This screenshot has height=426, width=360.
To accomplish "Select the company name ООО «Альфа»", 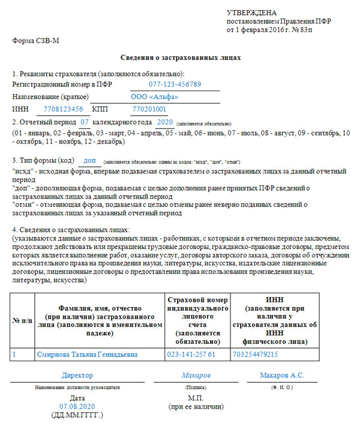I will (x=154, y=97).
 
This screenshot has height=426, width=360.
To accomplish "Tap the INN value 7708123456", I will (x=63, y=109).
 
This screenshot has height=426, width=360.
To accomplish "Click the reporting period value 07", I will (x=85, y=122).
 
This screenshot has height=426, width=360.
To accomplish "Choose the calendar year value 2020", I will (x=164, y=122).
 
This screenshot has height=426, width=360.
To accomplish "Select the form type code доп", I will (x=89, y=160).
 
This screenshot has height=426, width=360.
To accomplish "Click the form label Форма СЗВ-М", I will (x=36, y=40).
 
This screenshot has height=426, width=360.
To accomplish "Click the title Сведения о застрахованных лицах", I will (x=181, y=58).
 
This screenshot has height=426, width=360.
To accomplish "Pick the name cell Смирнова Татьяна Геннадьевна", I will (x=87, y=355).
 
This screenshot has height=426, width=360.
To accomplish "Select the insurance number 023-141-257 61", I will (x=191, y=355).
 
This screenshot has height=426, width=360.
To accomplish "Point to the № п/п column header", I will (x=22, y=321).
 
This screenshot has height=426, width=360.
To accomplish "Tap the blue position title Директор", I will (x=77, y=376).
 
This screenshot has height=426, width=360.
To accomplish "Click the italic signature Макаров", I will (x=196, y=376).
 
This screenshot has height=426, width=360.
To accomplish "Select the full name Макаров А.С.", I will (x=282, y=376).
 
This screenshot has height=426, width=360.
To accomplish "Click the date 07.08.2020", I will (x=77, y=406).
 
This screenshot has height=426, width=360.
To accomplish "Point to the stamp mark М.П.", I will (x=196, y=398).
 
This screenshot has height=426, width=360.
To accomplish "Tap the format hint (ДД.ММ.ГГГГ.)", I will (x=77, y=415).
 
